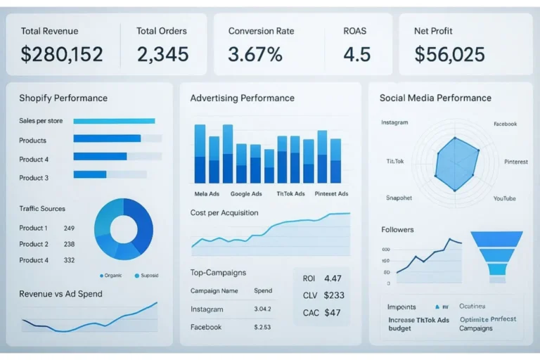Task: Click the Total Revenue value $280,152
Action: click(62, 54)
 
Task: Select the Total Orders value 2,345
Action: click(163, 54)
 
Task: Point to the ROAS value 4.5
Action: click(357, 54)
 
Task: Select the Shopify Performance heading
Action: click(63, 98)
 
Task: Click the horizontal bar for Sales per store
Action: click(114, 121)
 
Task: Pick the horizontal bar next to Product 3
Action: click(90, 174)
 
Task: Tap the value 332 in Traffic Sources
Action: click(69, 260)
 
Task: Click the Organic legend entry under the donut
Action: click(112, 275)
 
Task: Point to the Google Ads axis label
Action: click(245, 194)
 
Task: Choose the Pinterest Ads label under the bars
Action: click(331, 194)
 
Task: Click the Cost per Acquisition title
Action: click(224, 212)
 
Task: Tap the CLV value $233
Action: click(334, 295)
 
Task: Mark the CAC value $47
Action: click(332, 312)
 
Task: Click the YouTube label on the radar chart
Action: click(504, 198)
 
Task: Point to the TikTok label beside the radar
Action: click(395, 162)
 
